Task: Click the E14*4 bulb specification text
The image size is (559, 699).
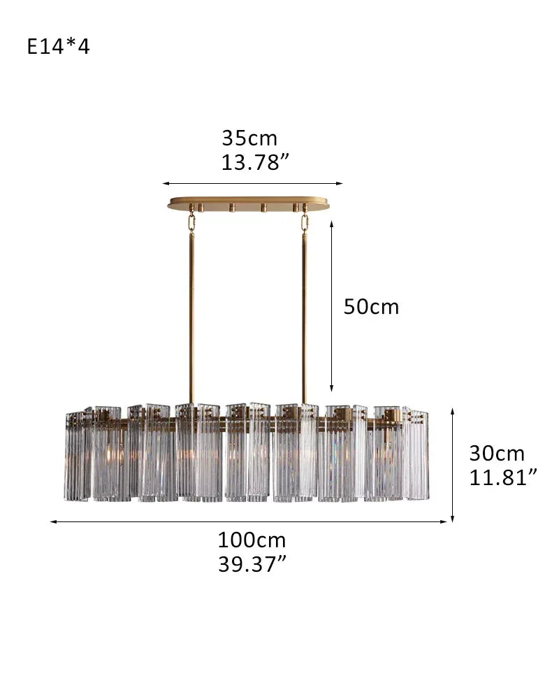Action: (59, 47)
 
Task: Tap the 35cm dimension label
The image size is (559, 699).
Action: (249, 138)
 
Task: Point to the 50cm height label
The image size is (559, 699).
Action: (371, 307)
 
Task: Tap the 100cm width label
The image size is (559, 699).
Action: (252, 540)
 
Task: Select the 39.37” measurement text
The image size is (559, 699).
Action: (252, 564)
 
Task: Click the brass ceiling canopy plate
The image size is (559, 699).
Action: (248, 203)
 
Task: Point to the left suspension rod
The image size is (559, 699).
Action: (191, 315)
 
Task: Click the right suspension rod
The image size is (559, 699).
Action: (305, 315)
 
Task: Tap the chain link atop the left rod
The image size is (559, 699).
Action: (191, 222)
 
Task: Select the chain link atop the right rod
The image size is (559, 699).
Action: (305, 222)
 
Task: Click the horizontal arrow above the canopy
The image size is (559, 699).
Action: (253, 184)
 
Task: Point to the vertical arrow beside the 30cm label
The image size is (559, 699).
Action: (453, 464)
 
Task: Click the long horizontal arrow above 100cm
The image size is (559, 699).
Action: (249, 521)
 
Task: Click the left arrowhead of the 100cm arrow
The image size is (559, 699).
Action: (53, 521)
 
